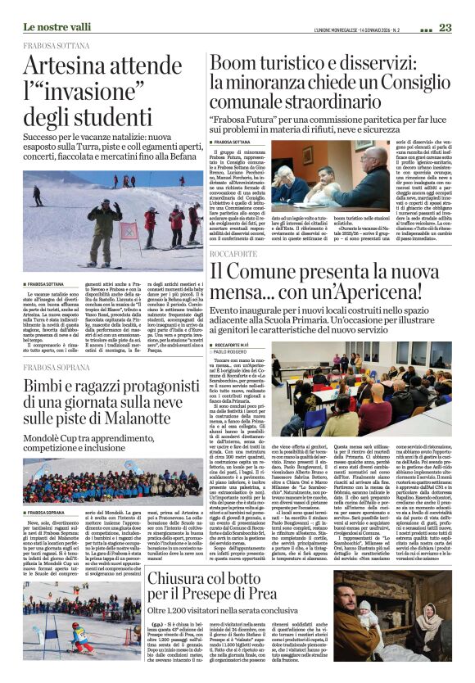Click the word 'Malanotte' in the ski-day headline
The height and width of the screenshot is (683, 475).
coord(131,422)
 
